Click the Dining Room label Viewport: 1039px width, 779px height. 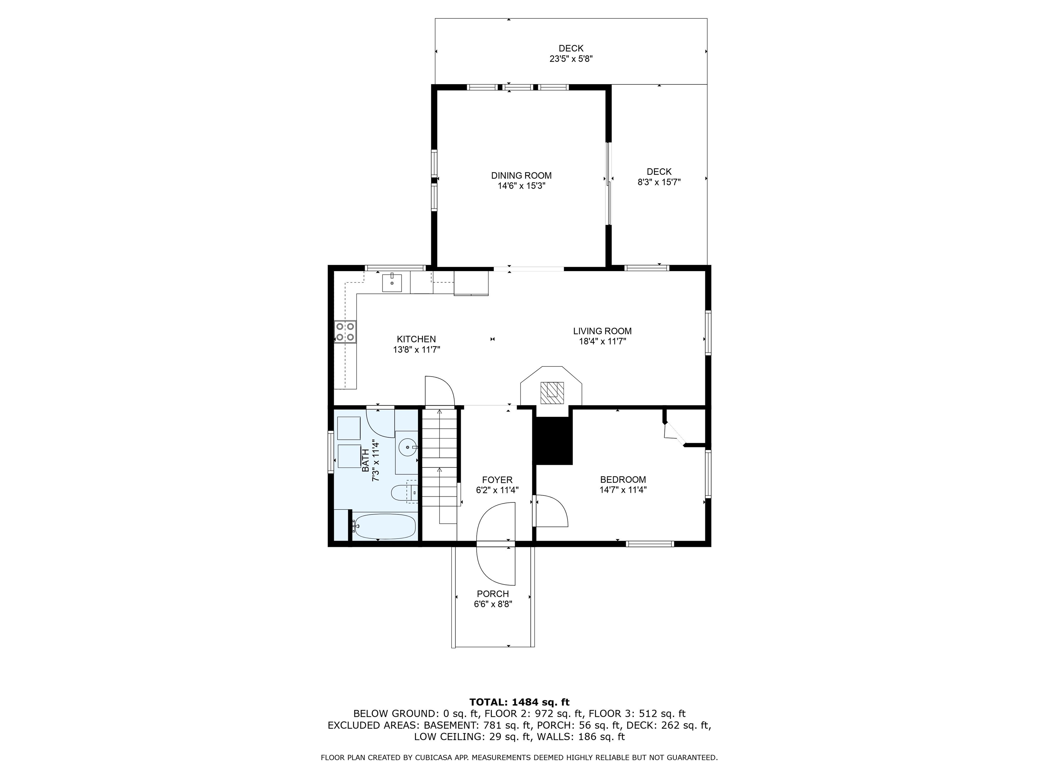[x=522, y=175]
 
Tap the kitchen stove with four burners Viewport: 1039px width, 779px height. [x=345, y=331]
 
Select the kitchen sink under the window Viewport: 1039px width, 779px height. [x=392, y=283]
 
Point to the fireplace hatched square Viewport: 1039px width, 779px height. [x=551, y=392]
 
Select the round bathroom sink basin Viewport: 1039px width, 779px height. [x=407, y=447]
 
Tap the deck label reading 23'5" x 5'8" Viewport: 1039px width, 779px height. [x=571, y=59]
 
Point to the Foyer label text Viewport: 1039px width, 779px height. [x=497, y=480]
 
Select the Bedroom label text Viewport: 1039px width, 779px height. [x=623, y=479]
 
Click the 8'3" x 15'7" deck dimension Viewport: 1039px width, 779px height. [x=659, y=182]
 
